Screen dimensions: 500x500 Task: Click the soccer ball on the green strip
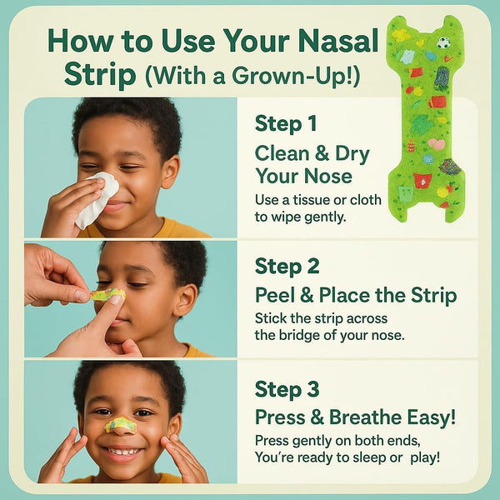click(443, 42)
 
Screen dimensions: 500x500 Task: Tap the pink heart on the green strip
click(437, 144)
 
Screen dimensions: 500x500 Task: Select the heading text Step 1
click(285, 124)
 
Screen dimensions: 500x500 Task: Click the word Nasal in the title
click(336, 40)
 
